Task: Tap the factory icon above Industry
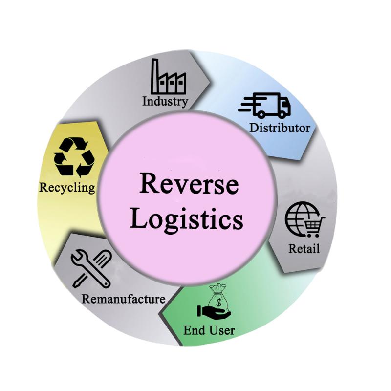click(x=168, y=76)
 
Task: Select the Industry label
click(x=165, y=102)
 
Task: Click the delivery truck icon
click(x=264, y=105)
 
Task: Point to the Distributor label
click(x=280, y=128)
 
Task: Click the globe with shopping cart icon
click(x=304, y=219)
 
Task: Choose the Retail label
click(x=304, y=248)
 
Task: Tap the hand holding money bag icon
click(x=214, y=302)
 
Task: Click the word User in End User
click(x=222, y=330)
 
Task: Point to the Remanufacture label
click(x=124, y=299)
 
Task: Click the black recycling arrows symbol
click(x=74, y=157)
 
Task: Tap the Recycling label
click(x=67, y=188)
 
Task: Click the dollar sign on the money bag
click(x=219, y=303)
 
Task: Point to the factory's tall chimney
click(x=155, y=75)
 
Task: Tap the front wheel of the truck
click(x=282, y=114)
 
